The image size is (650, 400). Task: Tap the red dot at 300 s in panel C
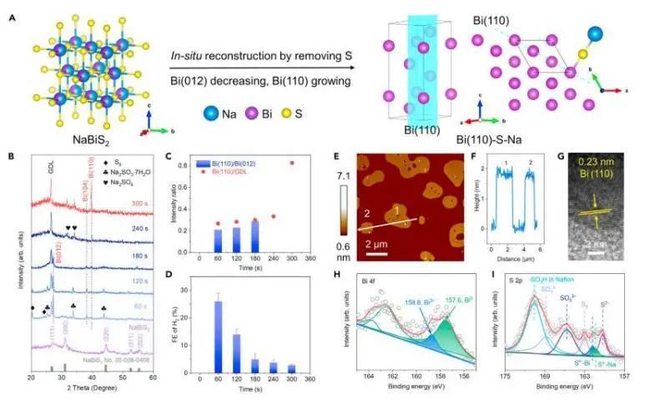pyautogui.click(x=291, y=163)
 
